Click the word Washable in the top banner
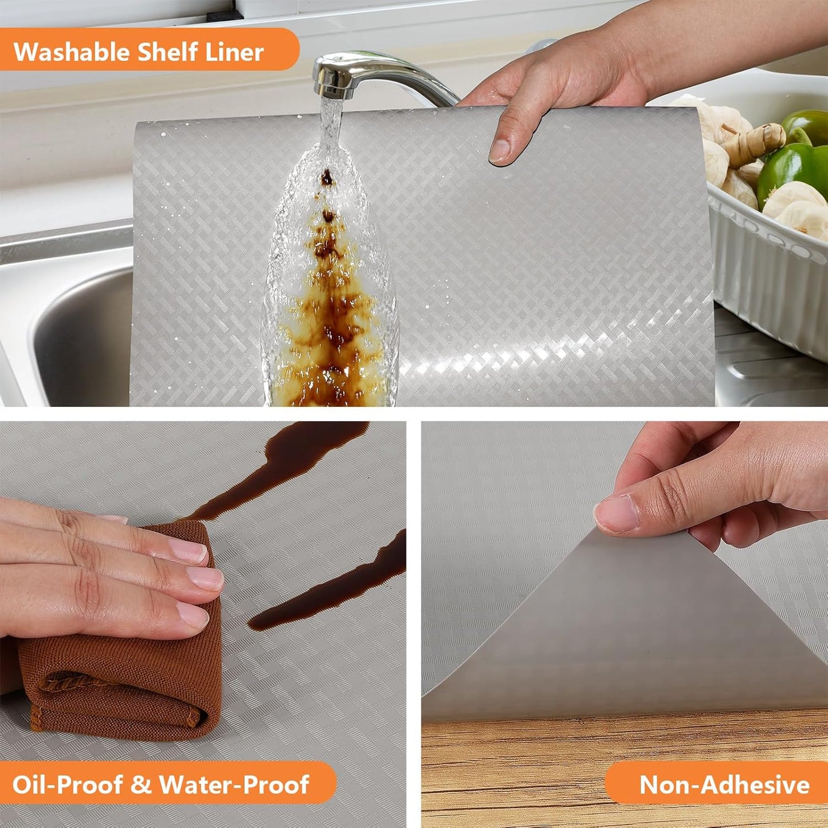(x=72, y=52)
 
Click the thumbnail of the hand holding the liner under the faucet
(x=500, y=150)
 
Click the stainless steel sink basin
(x=74, y=332)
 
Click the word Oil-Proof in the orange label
(x=68, y=784)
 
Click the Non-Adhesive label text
(x=724, y=784)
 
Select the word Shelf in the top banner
(x=162, y=52)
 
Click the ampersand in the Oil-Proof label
(x=140, y=784)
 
